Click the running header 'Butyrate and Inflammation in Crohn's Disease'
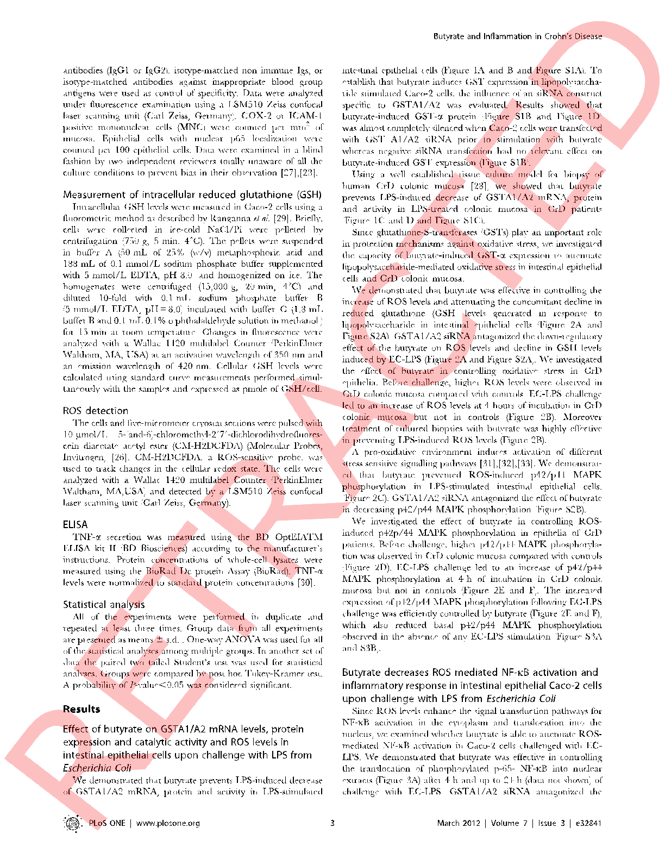coord(517,36)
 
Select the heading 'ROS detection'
coord(96,411)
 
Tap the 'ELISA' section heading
coord(75,524)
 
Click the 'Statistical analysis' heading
coord(104,604)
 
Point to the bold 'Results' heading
coord(81,709)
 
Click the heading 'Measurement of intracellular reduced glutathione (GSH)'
coord(192,195)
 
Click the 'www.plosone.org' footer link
coord(168,823)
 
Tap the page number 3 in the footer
coord(332,823)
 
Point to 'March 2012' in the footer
coord(459,823)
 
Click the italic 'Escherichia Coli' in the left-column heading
coord(97,768)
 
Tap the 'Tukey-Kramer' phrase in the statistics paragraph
coord(283,674)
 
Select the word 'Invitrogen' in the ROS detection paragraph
coord(81,457)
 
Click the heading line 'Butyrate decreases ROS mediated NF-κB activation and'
coord(470,673)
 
